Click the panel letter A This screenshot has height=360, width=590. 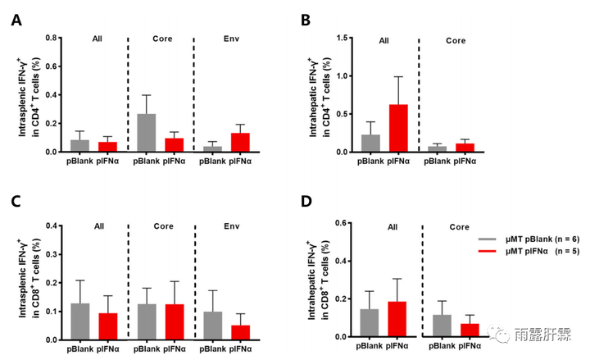(16, 20)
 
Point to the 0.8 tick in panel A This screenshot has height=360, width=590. (54, 38)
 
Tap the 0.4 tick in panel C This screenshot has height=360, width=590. (54, 226)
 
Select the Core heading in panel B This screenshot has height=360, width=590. (456, 39)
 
